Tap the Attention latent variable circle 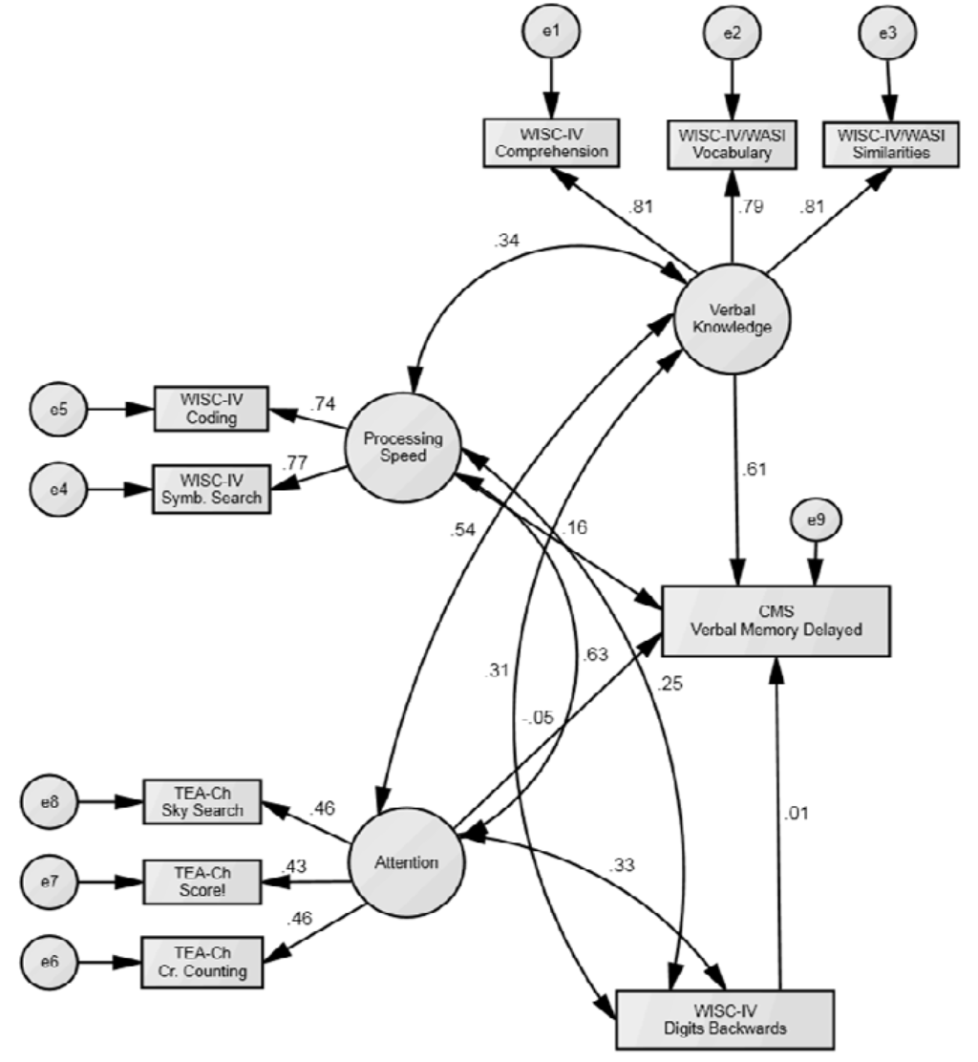pyautogui.click(x=405, y=861)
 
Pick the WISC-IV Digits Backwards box pyautogui.click(x=725, y=1023)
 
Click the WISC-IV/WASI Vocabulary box pyautogui.click(x=732, y=143)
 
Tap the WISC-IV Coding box pyautogui.click(x=210, y=409)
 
